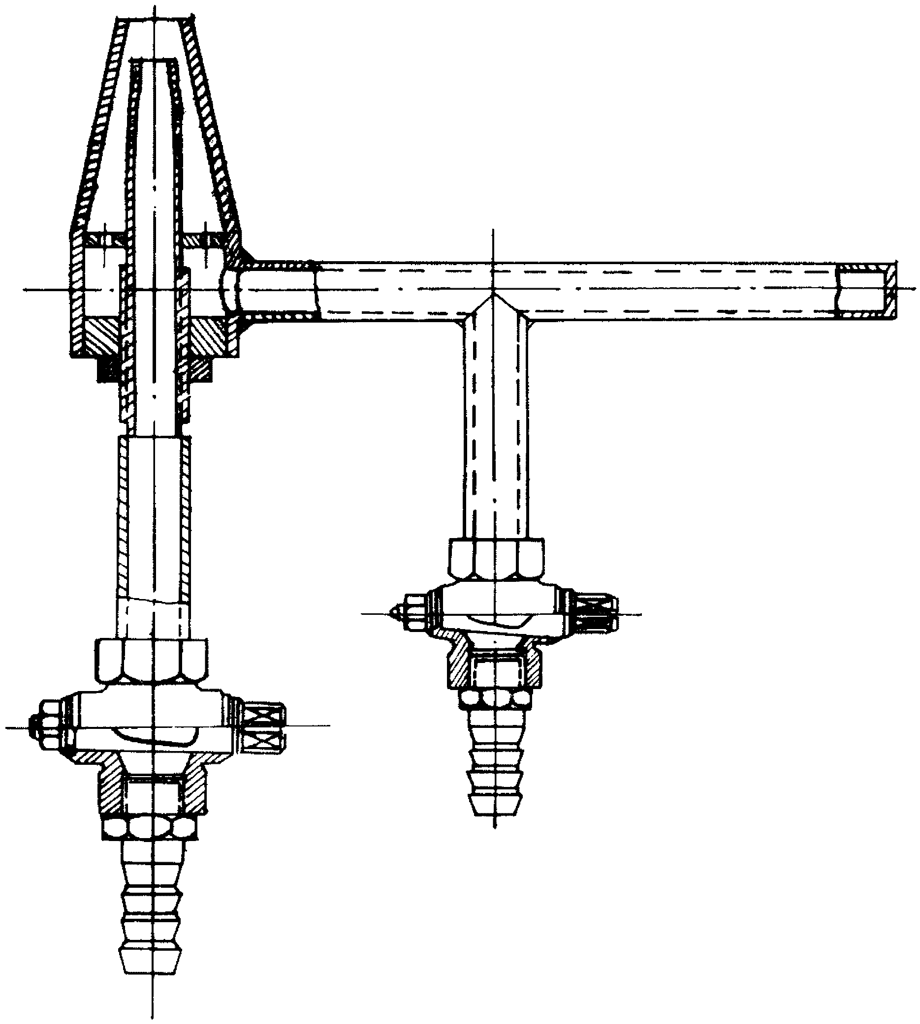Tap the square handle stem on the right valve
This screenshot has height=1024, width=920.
click(597, 613)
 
